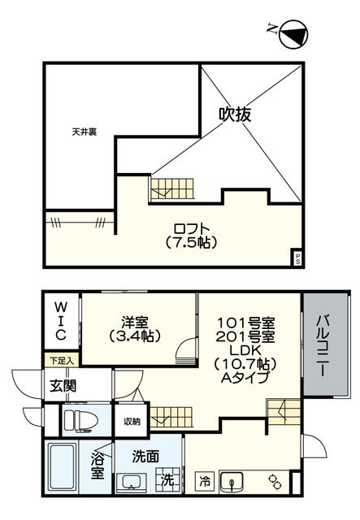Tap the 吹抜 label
click(233, 115)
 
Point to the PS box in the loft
click(297, 258)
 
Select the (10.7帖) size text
click(249, 363)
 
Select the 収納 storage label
click(132, 422)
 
